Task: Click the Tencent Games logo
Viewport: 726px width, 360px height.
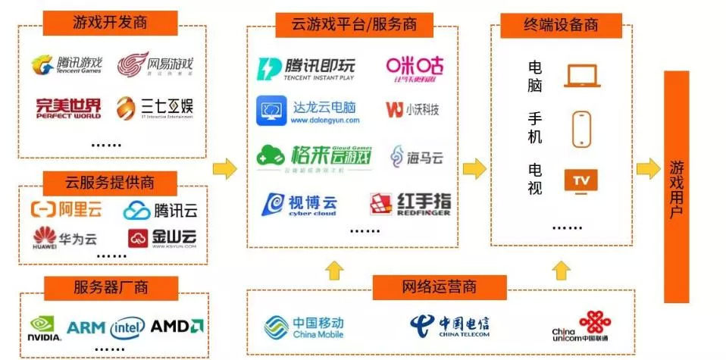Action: click(66, 65)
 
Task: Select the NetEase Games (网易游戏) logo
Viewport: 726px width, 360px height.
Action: click(155, 65)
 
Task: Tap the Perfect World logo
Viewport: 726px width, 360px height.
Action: click(68, 108)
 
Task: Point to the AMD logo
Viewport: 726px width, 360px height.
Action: click(177, 327)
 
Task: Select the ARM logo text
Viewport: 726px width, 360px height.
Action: click(86, 327)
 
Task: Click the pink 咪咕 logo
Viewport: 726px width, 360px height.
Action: click(411, 69)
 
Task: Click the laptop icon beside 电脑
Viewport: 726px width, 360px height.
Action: click(581, 76)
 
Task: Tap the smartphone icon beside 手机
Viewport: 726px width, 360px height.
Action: click(581, 129)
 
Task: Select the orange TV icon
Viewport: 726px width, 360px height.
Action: click(581, 180)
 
